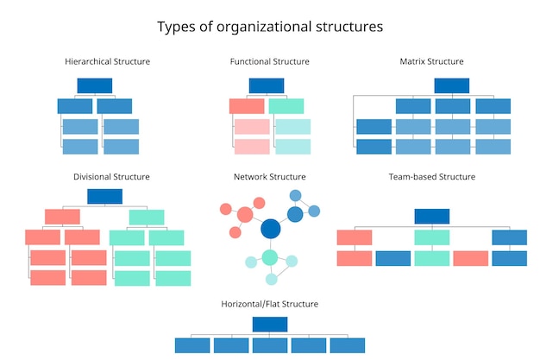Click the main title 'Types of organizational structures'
tap(269, 27)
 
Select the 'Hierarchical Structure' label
tap(108, 61)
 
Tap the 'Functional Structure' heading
tap(269, 61)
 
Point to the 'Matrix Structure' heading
tap(431, 61)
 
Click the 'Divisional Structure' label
tap(111, 176)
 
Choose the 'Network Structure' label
tap(269, 176)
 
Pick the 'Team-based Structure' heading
tap(431, 176)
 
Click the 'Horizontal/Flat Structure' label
tap(269, 304)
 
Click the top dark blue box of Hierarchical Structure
tap(95, 85)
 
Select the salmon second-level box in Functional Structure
tap(247, 106)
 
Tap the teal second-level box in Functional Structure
tap(286, 106)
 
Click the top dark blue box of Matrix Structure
tap(451, 85)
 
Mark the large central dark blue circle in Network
tap(271, 229)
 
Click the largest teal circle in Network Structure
tap(270, 257)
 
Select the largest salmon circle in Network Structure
tap(244, 214)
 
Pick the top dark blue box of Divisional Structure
tap(104, 196)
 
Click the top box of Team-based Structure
tap(431, 216)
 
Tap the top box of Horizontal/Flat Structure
tap(269, 325)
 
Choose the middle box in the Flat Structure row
tap(269, 345)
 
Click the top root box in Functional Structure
tap(267, 85)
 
